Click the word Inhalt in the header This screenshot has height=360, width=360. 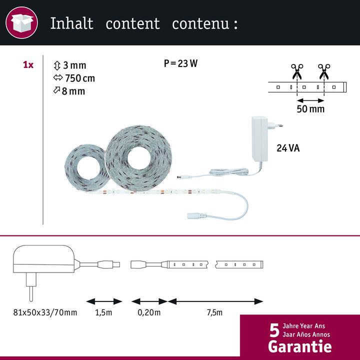(71, 23)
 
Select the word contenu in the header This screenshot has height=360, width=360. (199, 23)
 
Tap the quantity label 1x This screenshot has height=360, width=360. (28, 65)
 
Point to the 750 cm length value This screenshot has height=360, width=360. (79, 78)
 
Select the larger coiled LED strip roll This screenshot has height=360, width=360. (138, 152)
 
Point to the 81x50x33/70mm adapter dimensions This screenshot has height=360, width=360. (45, 312)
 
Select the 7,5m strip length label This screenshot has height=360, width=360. (215, 312)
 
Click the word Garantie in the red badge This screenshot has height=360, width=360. (299, 346)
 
